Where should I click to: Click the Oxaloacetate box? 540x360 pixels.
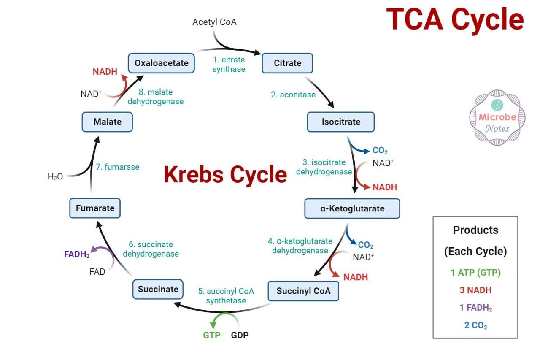[x=161, y=63]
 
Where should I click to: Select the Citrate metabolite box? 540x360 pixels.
[x=287, y=63]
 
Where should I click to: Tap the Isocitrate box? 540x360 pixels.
[x=341, y=122]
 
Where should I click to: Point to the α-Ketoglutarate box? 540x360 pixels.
[x=352, y=208]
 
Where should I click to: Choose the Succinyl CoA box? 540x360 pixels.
[x=303, y=291]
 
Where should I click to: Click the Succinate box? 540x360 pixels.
[x=158, y=289]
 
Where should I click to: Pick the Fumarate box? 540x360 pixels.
[x=95, y=208]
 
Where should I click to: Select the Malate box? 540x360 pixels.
[x=107, y=122]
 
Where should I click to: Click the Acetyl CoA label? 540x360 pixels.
[x=214, y=22]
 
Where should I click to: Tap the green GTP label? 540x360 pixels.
[x=212, y=335]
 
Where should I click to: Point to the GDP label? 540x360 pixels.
[x=240, y=335]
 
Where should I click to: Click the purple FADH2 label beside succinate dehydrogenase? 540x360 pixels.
[x=77, y=254]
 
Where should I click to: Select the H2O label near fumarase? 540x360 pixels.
[x=55, y=176]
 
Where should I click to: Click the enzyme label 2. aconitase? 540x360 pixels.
[x=293, y=95]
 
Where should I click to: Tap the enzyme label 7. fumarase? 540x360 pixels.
[x=118, y=167]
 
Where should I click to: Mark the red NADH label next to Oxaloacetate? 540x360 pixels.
[x=105, y=72]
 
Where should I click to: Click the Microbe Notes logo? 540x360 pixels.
[x=497, y=118]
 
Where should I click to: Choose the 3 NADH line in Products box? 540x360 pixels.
[x=475, y=290]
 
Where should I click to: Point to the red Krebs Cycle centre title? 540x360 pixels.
[x=225, y=174]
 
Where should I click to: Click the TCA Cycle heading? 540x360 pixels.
[x=455, y=19]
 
